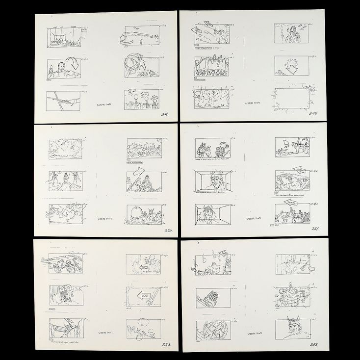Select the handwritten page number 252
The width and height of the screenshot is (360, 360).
[x=165, y=345]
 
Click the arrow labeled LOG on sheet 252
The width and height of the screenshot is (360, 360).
[x=143, y=296]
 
